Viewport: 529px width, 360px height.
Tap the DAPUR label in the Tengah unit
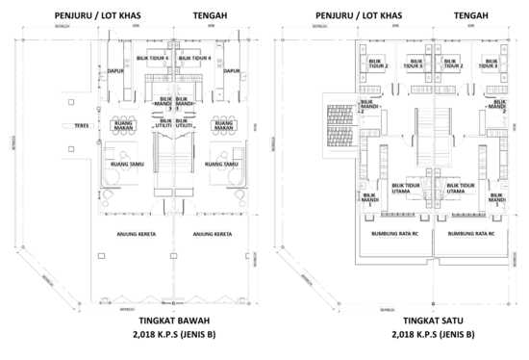coord(231,70)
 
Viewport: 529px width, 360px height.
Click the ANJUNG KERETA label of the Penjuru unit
coord(135,233)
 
